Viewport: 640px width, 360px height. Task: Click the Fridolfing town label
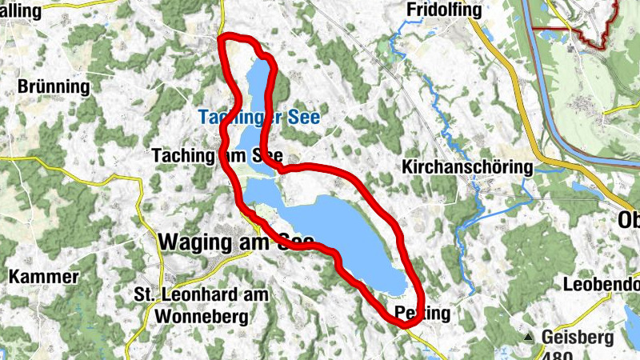coord(444,10)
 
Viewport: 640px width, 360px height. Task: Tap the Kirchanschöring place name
coord(468,168)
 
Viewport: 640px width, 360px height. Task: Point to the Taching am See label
coord(218,157)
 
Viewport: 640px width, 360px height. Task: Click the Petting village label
coord(422,313)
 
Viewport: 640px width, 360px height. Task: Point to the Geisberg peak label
coord(576,336)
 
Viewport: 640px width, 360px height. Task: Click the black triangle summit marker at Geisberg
coord(528,337)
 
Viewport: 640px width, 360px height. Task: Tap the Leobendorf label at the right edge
coord(601,284)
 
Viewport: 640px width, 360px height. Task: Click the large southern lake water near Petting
coord(352,232)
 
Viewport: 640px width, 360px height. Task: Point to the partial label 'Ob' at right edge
coord(629,220)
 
